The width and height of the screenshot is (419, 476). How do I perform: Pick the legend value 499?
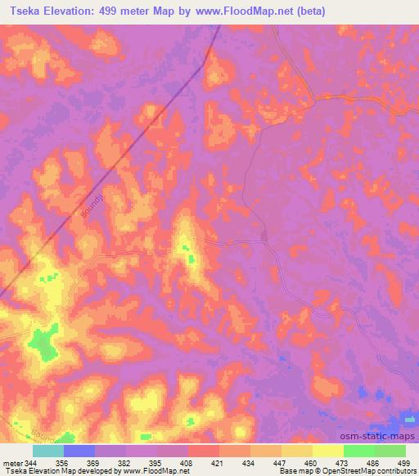(403, 463)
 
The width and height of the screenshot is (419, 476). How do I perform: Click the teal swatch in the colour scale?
(48, 451)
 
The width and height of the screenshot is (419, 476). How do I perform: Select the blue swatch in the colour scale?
(79, 451)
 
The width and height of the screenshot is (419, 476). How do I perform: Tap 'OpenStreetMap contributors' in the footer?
(367, 471)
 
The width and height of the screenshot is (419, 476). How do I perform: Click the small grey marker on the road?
(264, 238)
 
